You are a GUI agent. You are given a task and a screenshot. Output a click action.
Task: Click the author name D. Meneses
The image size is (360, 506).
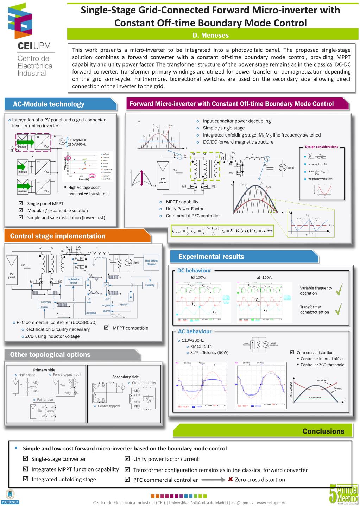coord(210,35)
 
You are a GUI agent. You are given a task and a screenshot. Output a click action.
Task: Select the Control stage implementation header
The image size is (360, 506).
coord(58,236)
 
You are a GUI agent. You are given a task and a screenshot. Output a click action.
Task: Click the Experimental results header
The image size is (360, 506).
coord(211,257)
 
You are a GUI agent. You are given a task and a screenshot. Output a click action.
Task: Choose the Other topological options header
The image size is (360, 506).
coord(50,355)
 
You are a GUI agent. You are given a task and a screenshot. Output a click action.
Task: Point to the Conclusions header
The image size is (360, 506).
coord(323,431)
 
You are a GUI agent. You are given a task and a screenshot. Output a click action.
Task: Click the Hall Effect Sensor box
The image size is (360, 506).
coord(151,262)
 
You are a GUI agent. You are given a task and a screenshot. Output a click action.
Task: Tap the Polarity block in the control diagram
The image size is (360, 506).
coord(150,285)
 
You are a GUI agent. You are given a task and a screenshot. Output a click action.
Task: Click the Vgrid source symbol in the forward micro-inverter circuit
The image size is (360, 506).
coord(282,168)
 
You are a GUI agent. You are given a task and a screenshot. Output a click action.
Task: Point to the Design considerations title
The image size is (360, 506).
coord(321,147)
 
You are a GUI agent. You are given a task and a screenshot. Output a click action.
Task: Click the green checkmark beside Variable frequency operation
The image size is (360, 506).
coord(339,290)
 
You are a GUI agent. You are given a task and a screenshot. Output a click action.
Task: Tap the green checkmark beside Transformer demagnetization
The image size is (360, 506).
coord(339,309)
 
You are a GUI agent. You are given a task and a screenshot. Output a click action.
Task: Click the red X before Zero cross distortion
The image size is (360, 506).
coord(230,479)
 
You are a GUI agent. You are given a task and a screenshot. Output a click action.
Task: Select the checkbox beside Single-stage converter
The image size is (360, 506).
coord(25,459)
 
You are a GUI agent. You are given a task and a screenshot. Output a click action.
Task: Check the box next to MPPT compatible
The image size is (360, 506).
coord(106,328)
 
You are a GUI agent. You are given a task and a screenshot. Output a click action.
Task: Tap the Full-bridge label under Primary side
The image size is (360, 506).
coord(45,400)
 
